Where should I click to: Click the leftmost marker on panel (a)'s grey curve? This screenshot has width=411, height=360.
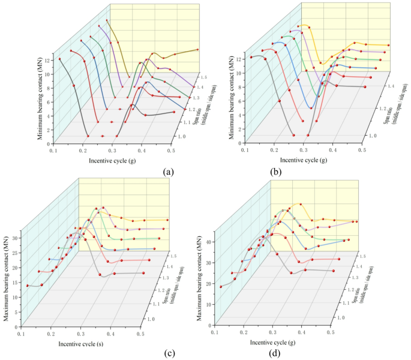click(60, 59)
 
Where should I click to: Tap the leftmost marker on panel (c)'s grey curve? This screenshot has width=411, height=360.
click(27, 286)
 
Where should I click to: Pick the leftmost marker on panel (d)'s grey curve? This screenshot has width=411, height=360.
click(221, 287)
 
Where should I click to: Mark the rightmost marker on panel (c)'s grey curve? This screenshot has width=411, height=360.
click(144, 273)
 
